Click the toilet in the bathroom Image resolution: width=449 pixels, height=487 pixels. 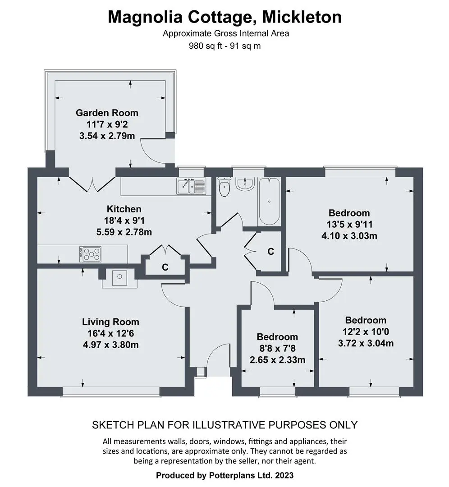(x=224, y=187)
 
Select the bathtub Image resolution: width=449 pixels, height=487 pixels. (x=269, y=201)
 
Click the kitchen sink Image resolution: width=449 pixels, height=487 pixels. (x=191, y=186)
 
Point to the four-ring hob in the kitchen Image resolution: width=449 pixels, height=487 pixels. (x=90, y=254)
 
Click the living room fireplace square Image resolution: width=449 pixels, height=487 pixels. (x=119, y=278)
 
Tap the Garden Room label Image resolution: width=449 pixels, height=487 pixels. (x=107, y=113)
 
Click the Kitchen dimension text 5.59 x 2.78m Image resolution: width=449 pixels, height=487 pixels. (x=124, y=232)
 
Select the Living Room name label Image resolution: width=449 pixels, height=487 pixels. (x=110, y=322)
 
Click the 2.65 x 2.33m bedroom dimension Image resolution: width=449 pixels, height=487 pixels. (x=277, y=360)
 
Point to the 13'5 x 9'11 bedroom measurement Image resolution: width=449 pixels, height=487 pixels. (x=349, y=224)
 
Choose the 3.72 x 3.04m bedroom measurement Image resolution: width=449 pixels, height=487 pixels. (x=366, y=343)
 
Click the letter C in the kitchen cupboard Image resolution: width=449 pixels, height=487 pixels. (x=165, y=267)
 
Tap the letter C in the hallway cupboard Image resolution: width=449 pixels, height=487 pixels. (x=271, y=251)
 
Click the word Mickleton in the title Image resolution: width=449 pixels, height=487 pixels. (x=302, y=17)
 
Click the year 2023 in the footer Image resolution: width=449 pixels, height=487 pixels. (x=284, y=475)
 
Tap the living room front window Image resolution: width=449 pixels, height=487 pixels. (x=111, y=392)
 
